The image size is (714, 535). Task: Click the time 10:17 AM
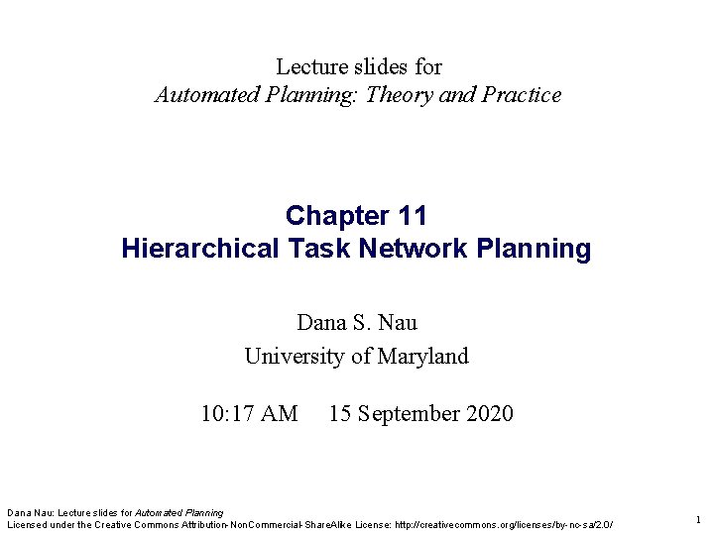249,413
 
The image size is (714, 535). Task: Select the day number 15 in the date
339,413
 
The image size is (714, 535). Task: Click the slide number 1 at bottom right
698,519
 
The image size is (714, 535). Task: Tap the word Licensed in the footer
29,524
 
